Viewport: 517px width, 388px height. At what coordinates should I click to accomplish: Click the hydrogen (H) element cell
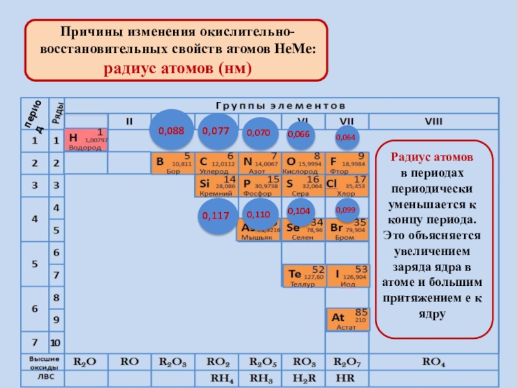coord(87,140)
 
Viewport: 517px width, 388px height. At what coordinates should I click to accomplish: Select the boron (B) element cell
coord(172,163)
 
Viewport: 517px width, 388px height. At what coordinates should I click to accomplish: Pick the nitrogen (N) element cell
coord(260,163)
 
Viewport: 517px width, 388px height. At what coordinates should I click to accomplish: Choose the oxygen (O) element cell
coord(303,163)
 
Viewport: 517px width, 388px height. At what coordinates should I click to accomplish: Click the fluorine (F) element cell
coord(347,163)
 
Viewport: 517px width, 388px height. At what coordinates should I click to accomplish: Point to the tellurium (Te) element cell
coord(303,275)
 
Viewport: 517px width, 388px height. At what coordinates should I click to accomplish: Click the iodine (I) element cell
coord(347,275)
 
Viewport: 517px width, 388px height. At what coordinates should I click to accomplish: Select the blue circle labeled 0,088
coord(171,130)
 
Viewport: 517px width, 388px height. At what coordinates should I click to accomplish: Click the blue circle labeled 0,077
coord(216,130)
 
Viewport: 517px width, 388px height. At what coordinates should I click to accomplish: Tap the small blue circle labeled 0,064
coord(345,137)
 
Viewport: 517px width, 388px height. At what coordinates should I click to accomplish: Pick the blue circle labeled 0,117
coord(216,215)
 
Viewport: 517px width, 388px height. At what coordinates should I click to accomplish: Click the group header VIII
coord(434,120)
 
